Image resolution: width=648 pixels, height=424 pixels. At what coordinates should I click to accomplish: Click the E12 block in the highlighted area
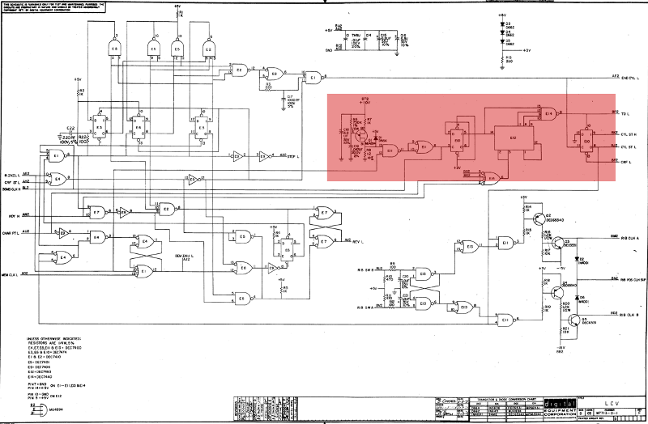(512, 138)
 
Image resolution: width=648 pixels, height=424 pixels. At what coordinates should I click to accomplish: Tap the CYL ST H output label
(629, 134)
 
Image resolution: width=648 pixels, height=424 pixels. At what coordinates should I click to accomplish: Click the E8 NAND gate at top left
(114, 49)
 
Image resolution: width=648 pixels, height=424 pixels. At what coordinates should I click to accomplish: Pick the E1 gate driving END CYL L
(313, 77)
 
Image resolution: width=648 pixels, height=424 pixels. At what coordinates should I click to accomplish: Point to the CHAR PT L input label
(15, 231)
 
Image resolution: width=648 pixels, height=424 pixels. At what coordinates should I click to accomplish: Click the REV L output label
(356, 240)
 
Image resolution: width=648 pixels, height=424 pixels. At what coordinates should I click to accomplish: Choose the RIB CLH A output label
(628, 240)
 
